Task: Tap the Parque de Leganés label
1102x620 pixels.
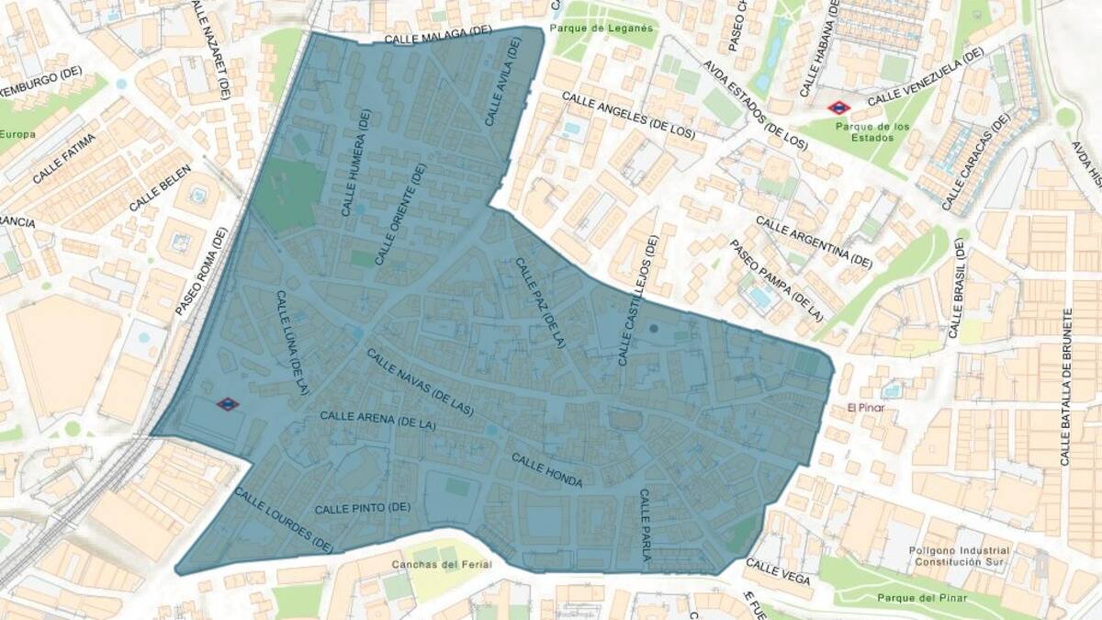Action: [603, 28]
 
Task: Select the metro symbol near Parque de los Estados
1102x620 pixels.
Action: [838, 107]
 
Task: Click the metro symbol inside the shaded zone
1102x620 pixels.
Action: [227, 403]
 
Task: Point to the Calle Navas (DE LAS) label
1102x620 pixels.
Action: [420, 382]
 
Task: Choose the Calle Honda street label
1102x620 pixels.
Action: [546, 470]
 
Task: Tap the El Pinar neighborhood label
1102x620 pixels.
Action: [865, 407]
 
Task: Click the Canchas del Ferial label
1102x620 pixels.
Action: [442, 564]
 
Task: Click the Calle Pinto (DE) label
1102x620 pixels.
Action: [362, 508]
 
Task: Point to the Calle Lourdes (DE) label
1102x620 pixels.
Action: [283, 520]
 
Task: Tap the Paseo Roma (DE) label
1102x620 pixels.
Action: [200, 273]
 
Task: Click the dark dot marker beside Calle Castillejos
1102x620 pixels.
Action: [654, 328]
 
